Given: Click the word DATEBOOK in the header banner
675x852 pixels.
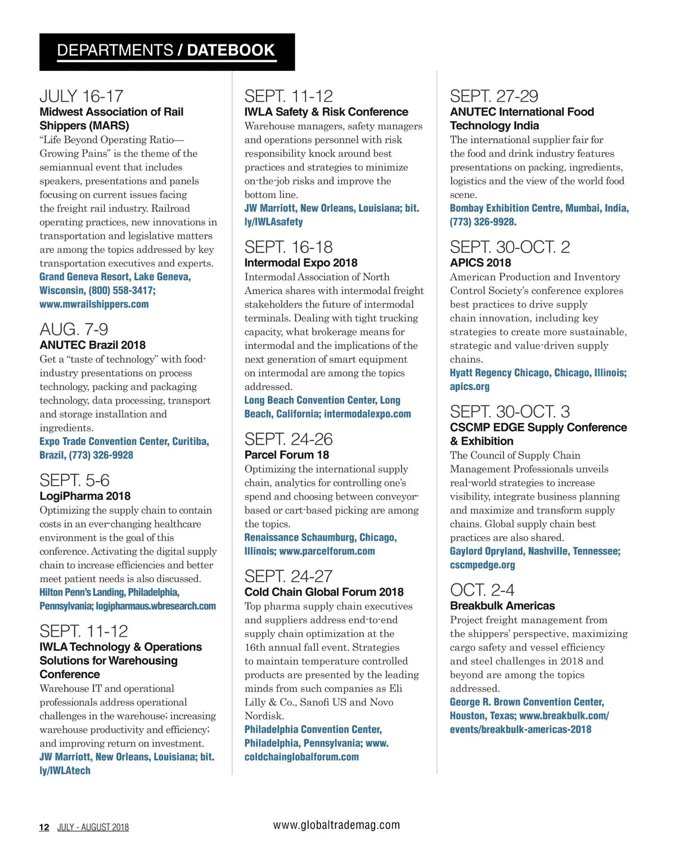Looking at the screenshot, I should [231, 51].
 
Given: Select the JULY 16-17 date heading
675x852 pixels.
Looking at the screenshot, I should [82, 96].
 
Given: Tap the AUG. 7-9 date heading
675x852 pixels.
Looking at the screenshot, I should [74, 329].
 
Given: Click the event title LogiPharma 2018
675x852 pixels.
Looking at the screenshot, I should [85, 496].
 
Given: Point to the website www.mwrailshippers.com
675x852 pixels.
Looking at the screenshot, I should [94, 305].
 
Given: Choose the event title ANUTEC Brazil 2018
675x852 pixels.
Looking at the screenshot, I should [92, 345].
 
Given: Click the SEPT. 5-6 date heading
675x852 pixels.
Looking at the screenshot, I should [74, 481].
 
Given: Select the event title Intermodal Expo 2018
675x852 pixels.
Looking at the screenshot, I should [301, 263].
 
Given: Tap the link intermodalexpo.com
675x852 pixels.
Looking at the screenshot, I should [367, 414].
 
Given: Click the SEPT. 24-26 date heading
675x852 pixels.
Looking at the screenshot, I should [289, 439].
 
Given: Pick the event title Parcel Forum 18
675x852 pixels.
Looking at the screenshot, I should [287, 455].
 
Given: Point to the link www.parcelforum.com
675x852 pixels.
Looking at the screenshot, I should [327, 551].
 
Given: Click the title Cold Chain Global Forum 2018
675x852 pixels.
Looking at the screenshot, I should [324, 592].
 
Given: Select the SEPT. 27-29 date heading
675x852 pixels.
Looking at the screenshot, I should [494, 96].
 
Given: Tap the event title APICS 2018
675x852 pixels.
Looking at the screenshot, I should [480, 263].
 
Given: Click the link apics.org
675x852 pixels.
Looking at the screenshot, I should [470, 387].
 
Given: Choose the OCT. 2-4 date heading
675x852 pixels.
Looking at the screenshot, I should [482, 590].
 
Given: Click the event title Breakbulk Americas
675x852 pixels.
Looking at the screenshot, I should [502, 606].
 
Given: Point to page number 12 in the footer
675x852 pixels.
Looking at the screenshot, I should [44, 827].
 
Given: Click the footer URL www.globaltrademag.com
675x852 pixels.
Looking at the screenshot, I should [336, 825].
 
